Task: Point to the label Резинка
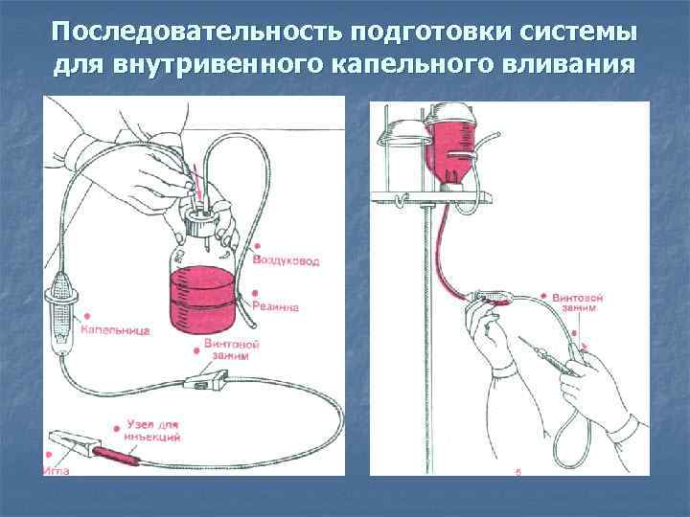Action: (x=277, y=307)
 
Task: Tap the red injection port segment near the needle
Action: (x=120, y=454)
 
